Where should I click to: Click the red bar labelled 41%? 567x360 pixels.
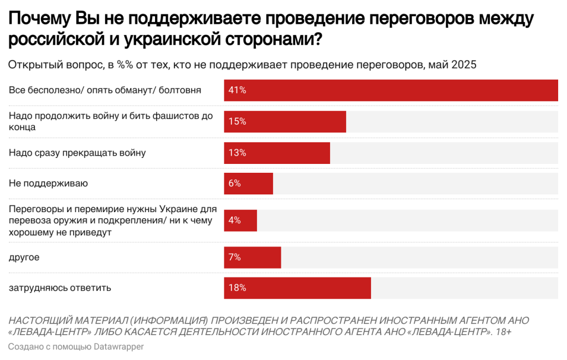pyautogui.click(x=390, y=90)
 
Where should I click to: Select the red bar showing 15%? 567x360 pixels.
pyautogui.click(x=285, y=121)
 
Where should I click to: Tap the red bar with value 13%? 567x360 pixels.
pyautogui.click(x=277, y=153)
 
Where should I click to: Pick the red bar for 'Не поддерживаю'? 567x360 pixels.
pyautogui.click(x=248, y=184)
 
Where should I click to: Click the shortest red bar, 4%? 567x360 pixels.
pyautogui.click(x=240, y=220)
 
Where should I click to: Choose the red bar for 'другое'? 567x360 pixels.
pyautogui.click(x=252, y=258)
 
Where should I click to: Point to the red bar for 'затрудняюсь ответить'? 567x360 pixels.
pyautogui.click(x=297, y=288)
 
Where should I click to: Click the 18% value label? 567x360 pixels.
pyautogui.click(x=237, y=288)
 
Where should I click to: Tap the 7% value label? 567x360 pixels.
pyautogui.click(x=235, y=258)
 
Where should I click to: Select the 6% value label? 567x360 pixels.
pyautogui.click(x=235, y=184)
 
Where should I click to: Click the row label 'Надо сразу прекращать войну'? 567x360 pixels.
pyautogui.click(x=77, y=153)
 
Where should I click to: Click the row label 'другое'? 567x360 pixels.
pyautogui.click(x=24, y=258)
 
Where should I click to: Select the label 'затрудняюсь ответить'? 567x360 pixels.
pyautogui.click(x=60, y=288)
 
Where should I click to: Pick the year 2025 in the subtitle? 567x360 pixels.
pyautogui.click(x=464, y=65)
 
